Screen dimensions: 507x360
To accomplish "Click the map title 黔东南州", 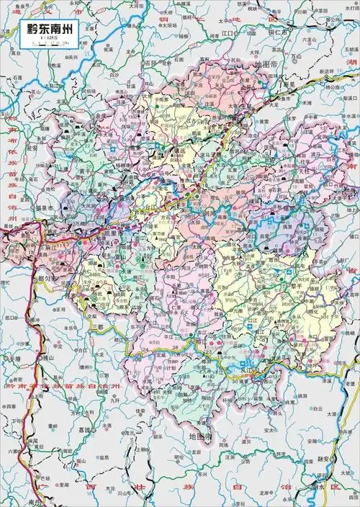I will click(x=47, y=30).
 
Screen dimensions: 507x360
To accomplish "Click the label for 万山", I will click(x=295, y=55).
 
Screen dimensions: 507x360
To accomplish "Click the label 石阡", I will click(x=149, y=63).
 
